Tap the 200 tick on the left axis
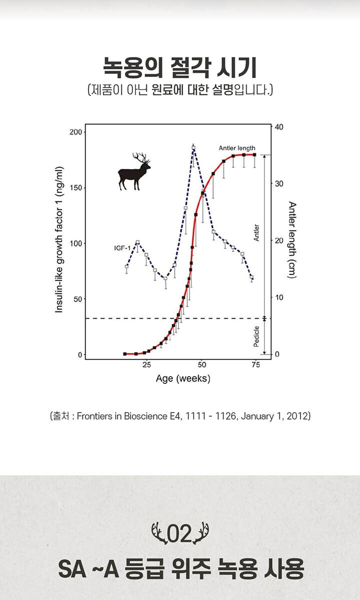tap(76, 132)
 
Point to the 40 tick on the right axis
tap(279, 127)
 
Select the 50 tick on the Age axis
tap(202, 365)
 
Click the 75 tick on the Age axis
tap(256, 365)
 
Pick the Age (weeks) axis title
tap(183, 379)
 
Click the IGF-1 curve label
tap(122, 248)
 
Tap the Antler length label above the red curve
tap(237, 148)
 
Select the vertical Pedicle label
tap(256, 336)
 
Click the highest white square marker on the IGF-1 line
tap(193, 147)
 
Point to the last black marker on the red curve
tap(254, 155)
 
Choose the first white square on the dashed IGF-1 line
tap(126, 266)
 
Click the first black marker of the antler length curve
tap(125, 354)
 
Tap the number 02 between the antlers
tap(179, 533)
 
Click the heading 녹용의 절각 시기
tap(180, 67)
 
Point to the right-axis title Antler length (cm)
tap(292, 240)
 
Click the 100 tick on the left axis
tap(76, 243)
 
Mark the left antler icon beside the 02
tap(159, 533)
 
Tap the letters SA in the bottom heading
tap(72, 569)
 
